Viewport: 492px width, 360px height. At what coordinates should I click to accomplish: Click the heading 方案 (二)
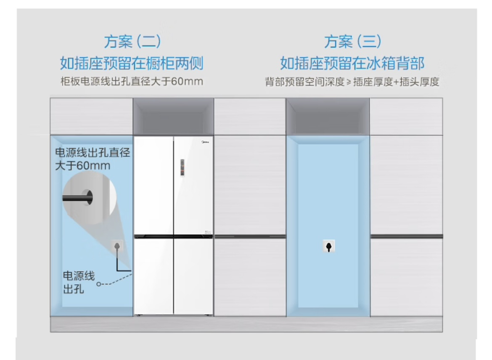click(x=132, y=42)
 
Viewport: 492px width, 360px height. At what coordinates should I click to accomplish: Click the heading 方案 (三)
click(x=352, y=42)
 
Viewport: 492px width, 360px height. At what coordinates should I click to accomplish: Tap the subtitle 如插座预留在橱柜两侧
click(x=132, y=64)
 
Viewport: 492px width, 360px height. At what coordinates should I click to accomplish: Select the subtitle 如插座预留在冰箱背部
click(x=352, y=64)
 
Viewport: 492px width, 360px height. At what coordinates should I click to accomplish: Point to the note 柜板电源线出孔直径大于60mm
click(x=132, y=81)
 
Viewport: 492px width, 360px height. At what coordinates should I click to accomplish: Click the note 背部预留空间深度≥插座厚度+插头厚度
click(x=352, y=82)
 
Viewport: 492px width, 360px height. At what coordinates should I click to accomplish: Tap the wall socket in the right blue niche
click(x=328, y=247)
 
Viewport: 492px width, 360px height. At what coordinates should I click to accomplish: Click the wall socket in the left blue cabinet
click(x=117, y=246)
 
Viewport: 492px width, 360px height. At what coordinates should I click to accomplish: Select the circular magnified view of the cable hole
click(x=90, y=197)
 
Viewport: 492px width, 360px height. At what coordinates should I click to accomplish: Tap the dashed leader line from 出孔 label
click(x=116, y=281)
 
